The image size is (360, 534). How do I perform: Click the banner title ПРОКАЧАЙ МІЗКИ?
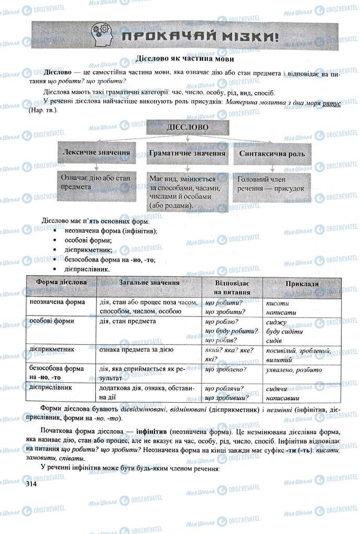pos(199,36)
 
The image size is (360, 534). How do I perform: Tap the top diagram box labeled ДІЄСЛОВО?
pos(186,127)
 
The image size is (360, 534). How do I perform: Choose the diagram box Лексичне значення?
pos(96,154)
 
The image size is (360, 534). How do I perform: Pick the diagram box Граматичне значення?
pos(187,154)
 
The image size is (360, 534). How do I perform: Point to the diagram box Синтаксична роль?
pos(272,154)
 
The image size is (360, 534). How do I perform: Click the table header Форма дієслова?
pos(61,283)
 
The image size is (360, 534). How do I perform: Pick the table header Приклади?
pos(302,284)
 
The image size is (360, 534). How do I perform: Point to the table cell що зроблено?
pos(226,370)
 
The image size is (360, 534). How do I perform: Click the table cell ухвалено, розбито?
pos(294,370)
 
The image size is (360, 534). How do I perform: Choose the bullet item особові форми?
pos(86,240)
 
